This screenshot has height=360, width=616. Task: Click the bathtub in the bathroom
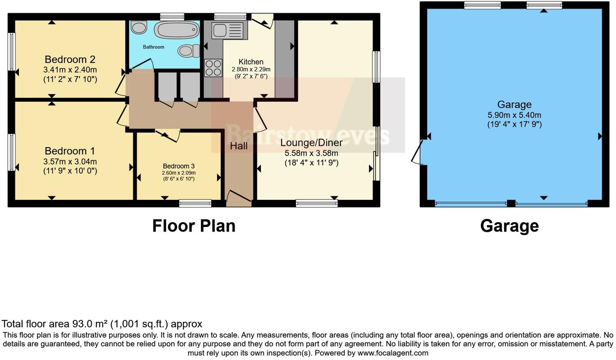pyautogui.click(x=177, y=30)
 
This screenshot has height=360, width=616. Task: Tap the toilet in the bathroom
pyautogui.click(x=188, y=51)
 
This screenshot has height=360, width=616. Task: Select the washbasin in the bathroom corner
pyautogui.click(x=139, y=28)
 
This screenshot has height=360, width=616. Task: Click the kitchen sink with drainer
pyautogui.click(x=229, y=31)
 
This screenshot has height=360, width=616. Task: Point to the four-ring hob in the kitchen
pyautogui.click(x=213, y=68)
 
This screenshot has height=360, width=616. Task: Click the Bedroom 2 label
pyautogui.click(x=70, y=60)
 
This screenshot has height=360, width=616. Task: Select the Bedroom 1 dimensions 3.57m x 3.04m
pyautogui.click(x=70, y=161)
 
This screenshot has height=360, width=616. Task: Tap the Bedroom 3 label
pyautogui.click(x=179, y=166)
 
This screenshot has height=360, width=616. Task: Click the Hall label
pyautogui.click(x=239, y=146)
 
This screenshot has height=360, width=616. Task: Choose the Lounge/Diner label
pyautogui.click(x=311, y=143)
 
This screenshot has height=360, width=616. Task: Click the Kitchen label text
pyautogui.click(x=251, y=62)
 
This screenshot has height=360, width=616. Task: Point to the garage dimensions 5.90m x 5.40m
pyautogui.click(x=514, y=115)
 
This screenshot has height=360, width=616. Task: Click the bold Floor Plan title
pyautogui.click(x=194, y=226)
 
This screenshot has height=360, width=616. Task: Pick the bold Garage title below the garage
pyautogui.click(x=509, y=226)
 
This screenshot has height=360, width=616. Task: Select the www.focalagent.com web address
pyautogui.click(x=392, y=353)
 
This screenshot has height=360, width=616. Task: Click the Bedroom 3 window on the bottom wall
pyautogui.click(x=195, y=203)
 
